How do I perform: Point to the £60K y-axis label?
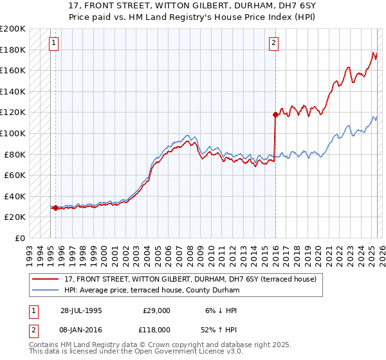[15, 175]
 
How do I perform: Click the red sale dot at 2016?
[275, 114]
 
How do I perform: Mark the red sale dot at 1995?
[55, 208]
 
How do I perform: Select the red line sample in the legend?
[46, 280]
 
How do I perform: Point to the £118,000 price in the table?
[156, 329]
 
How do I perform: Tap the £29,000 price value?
[156, 310]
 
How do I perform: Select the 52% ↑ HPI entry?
[219, 329]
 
